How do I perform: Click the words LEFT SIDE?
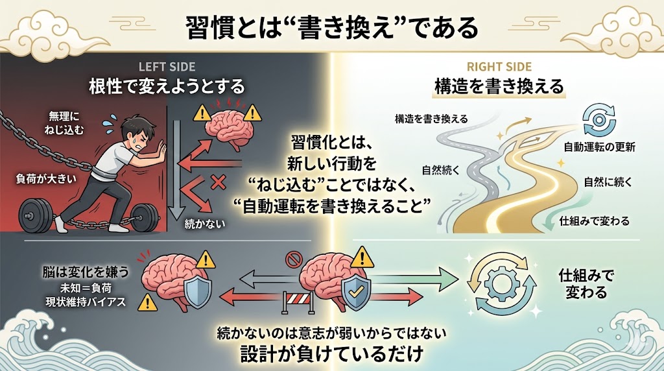167,67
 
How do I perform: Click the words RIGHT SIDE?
499,67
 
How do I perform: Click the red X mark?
219,184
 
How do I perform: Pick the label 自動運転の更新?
600,146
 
